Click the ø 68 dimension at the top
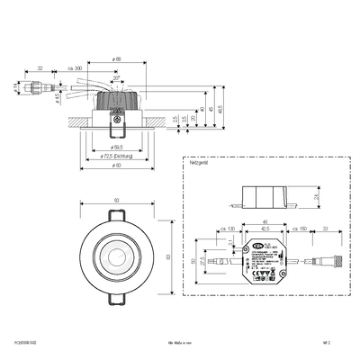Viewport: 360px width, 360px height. pyautogui.click(x=118, y=59)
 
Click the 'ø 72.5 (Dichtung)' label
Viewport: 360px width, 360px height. pyautogui.click(x=117, y=156)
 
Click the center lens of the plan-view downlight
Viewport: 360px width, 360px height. pyautogui.click(x=118, y=256)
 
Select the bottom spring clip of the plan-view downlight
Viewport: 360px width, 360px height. pyautogui.click(x=118, y=297)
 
